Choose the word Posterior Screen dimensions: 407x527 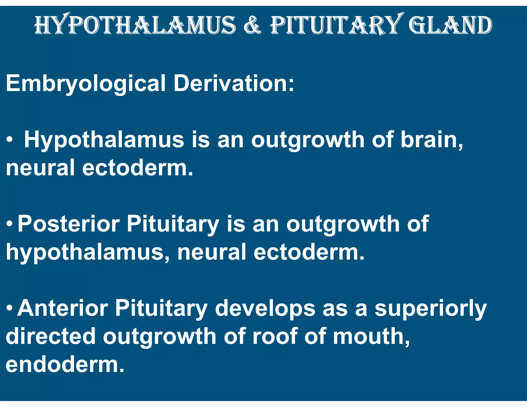point(68,224)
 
